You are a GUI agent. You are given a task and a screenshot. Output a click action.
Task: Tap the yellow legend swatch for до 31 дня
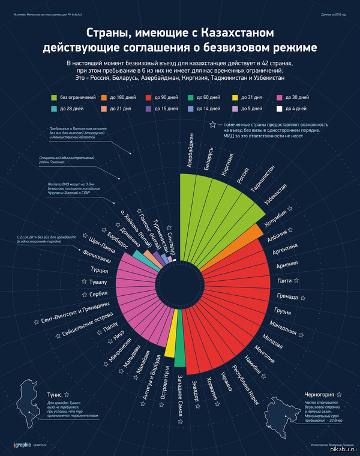[235, 97]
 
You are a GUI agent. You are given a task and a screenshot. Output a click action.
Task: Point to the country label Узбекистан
[276, 197]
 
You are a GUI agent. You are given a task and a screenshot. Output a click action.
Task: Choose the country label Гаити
[285, 281]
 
